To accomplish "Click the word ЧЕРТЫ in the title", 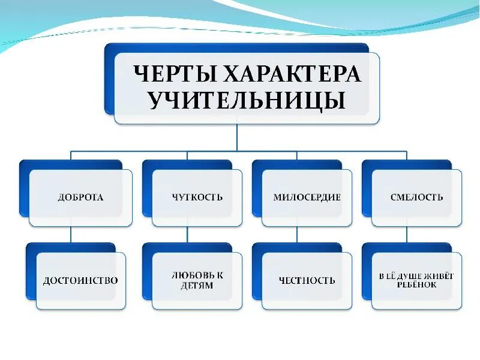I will [x=174, y=74].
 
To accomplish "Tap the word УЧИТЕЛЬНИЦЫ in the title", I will [x=247, y=100].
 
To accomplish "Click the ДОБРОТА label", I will [x=80, y=197].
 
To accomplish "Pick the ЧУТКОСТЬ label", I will [x=197, y=197].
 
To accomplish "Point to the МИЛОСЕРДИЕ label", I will [x=307, y=197].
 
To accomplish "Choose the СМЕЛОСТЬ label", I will [x=416, y=197].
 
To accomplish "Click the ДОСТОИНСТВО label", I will [x=80, y=280].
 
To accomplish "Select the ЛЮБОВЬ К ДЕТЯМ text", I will [x=197, y=280].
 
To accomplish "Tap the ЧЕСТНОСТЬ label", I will [x=307, y=280].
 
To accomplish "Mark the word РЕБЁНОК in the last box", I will [x=416, y=285].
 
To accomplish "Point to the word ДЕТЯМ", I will [x=197, y=286].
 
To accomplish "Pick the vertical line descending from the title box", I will [x=237, y=137].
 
